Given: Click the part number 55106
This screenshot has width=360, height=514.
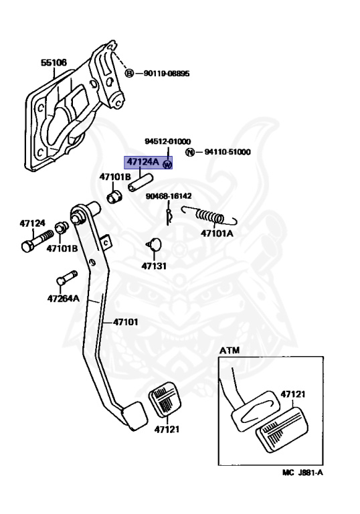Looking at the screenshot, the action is click(x=54, y=62).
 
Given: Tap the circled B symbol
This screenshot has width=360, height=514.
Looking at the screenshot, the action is click(x=130, y=73).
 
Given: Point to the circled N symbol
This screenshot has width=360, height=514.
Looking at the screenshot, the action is click(x=190, y=152).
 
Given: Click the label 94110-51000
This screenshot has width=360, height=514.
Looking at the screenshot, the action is click(x=228, y=152).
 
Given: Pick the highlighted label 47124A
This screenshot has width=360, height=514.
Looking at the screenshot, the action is click(x=143, y=161).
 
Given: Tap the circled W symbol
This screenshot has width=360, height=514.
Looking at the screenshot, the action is click(x=167, y=164).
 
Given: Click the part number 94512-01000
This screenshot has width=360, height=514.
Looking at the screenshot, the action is click(x=168, y=141).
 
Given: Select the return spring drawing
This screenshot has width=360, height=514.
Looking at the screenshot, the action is click(x=209, y=216).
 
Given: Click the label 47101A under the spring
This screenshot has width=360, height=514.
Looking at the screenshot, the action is click(x=217, y=234).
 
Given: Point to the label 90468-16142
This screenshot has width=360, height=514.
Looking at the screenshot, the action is click(x=169, y=196).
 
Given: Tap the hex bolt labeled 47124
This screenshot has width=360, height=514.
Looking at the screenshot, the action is click(x=37, y=241).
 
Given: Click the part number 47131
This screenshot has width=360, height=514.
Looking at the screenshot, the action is click(x=154, y=266).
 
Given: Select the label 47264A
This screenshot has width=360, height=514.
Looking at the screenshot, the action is click(x=64, y=298).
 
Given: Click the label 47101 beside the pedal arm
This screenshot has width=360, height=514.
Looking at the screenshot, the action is click(x=126, y=322).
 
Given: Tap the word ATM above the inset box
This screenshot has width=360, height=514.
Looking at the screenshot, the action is click(x=230, y=351).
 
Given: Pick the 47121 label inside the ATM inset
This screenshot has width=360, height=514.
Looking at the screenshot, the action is click(x=293, y=394).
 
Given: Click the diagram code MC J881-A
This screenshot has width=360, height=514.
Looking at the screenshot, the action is click(x=302, y=473).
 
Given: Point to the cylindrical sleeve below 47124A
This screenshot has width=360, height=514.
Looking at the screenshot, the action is click(x=141, y=183).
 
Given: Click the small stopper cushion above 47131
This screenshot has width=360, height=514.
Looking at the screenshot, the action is click(x=155, y=244).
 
